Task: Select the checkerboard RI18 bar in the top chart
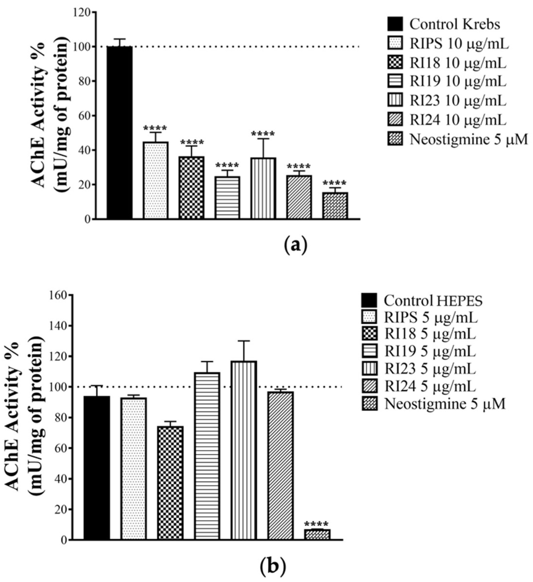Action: point(191,187)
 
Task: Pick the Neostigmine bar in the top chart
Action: point(335,206)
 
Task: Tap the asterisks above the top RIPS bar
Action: point(155,128)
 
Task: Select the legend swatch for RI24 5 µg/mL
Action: point(369,387)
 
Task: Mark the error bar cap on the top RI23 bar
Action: point(263,139)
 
